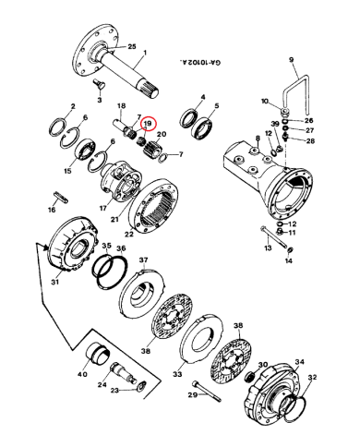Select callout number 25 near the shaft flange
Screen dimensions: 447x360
coord(131,46)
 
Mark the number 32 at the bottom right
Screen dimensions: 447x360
coord(311,378)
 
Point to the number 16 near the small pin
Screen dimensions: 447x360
coord(51,210)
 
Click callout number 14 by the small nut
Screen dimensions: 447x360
coord(287,261)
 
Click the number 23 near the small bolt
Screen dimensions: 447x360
coord(114,391)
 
